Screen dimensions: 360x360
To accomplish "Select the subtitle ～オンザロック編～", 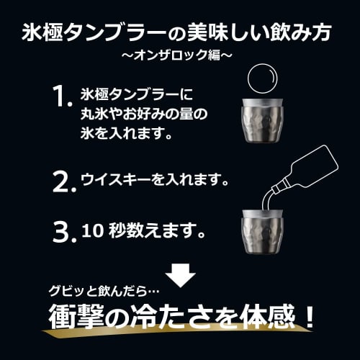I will [x=180, y=55].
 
